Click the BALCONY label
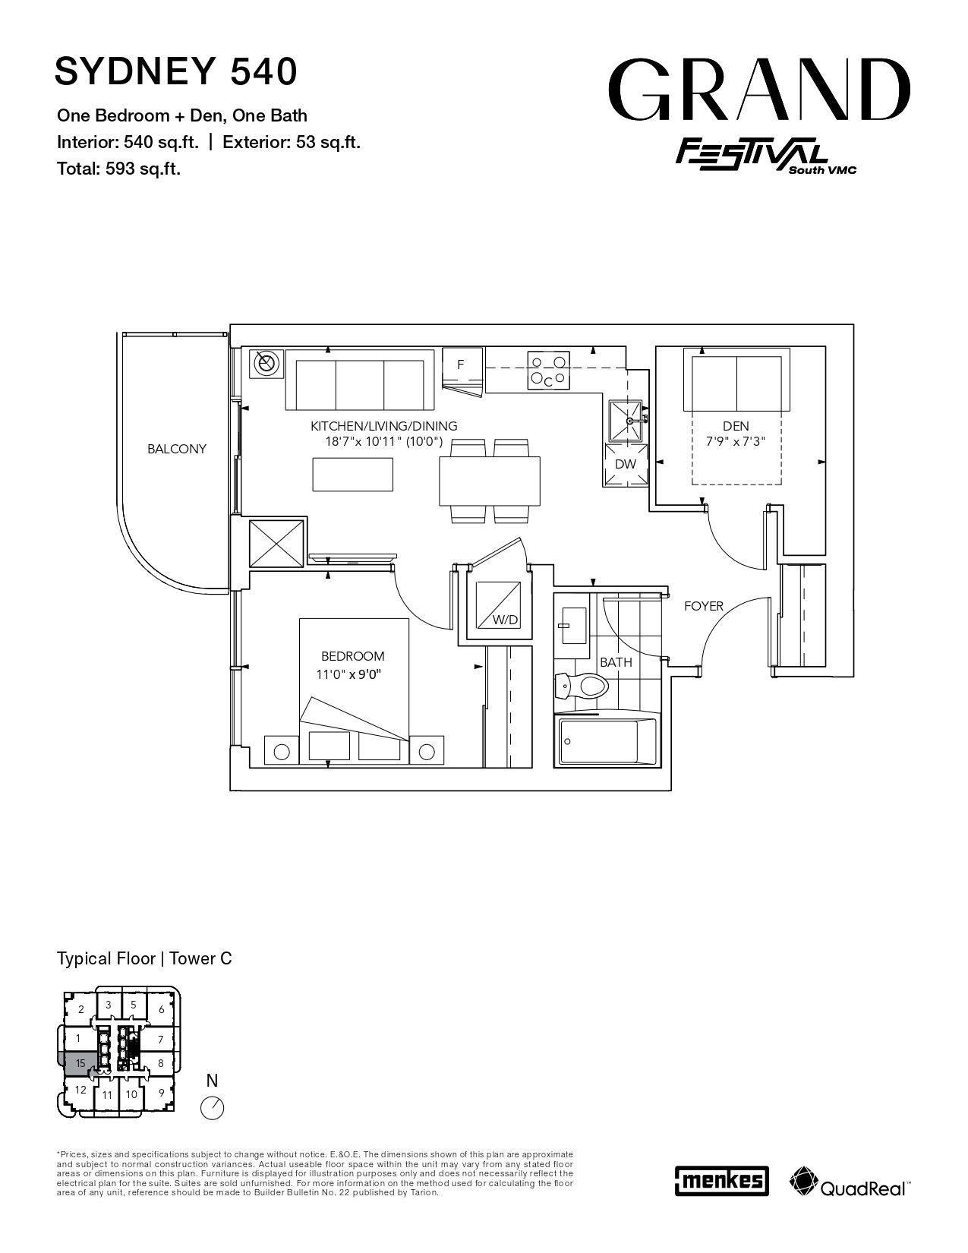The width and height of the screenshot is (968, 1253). [176, 449]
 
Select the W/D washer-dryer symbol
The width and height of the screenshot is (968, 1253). [497, 605]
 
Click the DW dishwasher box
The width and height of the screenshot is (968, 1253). [626, 464]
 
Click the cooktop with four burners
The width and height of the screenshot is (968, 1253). [548, 370]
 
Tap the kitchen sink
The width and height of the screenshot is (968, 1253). [626, 421]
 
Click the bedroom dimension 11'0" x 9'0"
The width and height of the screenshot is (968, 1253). [348, 674]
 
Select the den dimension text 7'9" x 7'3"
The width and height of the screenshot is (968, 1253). [736, 442]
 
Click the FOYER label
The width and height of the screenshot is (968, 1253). [703, 606]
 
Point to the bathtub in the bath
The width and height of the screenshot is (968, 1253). [606, 741]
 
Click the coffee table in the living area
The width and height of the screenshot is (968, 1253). [353, 475]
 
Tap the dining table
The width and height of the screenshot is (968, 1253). [490, 481]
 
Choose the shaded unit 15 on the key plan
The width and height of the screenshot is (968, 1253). [77, 1063]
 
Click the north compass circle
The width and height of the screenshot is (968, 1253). [212, 1108]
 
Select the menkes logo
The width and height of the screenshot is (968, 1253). [721, 1180]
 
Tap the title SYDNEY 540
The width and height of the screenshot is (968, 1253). [176, 71]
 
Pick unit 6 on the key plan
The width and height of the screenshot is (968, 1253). [162, 1010]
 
